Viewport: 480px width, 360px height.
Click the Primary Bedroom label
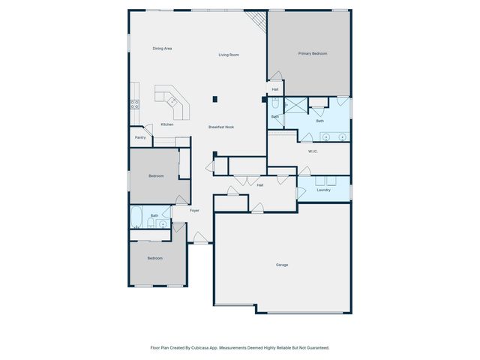(x=313, y=53)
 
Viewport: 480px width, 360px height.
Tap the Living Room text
(x=229, y=55)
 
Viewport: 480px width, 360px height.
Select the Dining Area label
(x=163, y=49)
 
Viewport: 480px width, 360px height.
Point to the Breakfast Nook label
(x=221, y=127)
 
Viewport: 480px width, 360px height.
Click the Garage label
(x=282, y=265)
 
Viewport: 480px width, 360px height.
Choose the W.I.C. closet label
(x=313, y=151)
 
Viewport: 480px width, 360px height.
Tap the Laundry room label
(x=323, y=190)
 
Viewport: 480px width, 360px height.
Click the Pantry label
(x=140, y=137)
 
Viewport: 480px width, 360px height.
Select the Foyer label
(x=194, y=211)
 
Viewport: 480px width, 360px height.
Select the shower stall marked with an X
(x=294, y=105)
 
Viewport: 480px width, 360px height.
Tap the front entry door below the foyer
(x=200, y=239)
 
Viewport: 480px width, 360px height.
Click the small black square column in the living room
(x=215, y=98)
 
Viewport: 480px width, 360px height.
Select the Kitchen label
(x=167, y=124)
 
